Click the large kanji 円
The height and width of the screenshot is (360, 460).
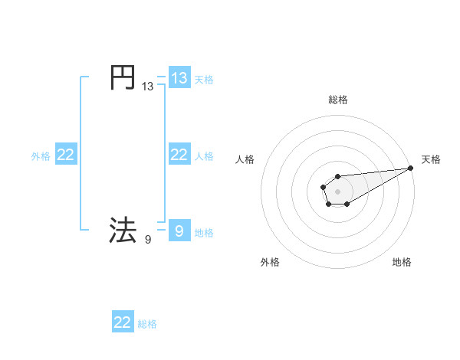click(x=123, y=77)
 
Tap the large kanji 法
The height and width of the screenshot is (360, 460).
click(x=123, y=230)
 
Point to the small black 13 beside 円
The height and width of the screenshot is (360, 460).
click(x=147, y=87)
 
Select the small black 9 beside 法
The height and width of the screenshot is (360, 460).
click(x=147, y=240)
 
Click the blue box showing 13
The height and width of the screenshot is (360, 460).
click(x=179, y=78)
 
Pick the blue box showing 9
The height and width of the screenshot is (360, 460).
click(x=179, y=231)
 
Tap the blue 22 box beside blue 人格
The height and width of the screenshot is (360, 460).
click(x=179, y=155)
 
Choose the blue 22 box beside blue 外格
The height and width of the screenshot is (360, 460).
click(x=66, y=155)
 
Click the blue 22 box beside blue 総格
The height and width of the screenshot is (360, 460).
click(x=123, y=322)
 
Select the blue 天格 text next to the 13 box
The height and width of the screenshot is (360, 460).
click(x=204, y=79)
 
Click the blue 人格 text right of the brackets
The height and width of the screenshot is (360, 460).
click(x=204, y=155)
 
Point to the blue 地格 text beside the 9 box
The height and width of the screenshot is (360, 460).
click(x=204, y=232)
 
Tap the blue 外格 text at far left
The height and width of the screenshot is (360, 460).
click(x=41, y=156)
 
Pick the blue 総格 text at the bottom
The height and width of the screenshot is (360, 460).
click(x=147, y=324)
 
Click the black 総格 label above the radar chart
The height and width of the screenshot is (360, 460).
click(x=338, y=100)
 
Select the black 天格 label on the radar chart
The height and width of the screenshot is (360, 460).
click(x=431, y=159)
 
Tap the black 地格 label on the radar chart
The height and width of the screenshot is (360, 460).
click(x=402, y=262)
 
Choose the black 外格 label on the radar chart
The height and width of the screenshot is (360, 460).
click(x=270, y=262)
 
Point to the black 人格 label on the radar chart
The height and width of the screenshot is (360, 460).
click(x=245, y=159)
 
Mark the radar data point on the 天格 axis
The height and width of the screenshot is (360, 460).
click(x=410, y=168)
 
